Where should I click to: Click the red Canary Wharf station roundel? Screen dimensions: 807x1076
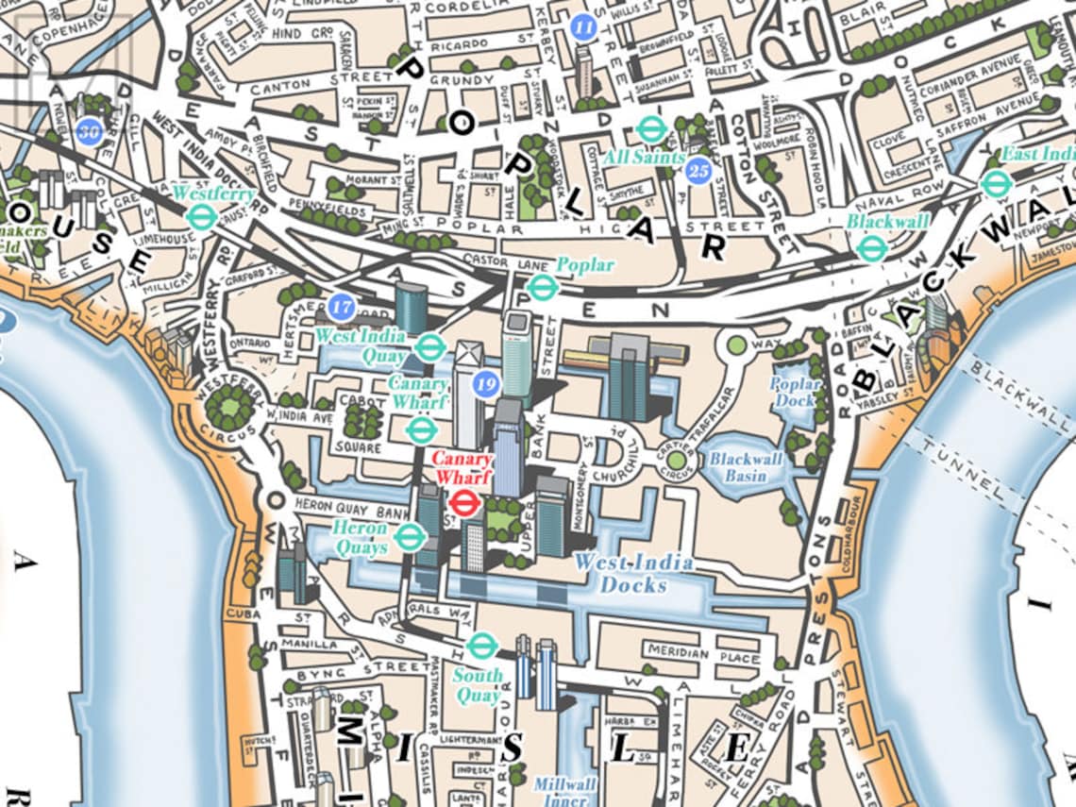(463, 502)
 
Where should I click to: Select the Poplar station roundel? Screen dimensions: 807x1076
(541, 287)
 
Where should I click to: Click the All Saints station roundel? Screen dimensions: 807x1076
(649, 129)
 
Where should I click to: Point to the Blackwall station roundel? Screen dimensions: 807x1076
(871, 248)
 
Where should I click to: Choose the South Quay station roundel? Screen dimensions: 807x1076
(482, 647)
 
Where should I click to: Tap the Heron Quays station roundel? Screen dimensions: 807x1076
(409, 538)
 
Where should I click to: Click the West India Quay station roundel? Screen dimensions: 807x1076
(429, 347)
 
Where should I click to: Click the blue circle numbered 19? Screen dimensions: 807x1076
(486, 383)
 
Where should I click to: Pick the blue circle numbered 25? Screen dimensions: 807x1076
(698, 171)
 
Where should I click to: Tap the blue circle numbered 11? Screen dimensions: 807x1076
(584, 26)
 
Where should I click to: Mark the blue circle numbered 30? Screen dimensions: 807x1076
(91, 131)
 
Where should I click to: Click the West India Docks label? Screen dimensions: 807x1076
(633, 574)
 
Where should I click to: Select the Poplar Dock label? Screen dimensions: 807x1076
(795, 392)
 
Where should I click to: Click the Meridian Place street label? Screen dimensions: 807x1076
(703, 654)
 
